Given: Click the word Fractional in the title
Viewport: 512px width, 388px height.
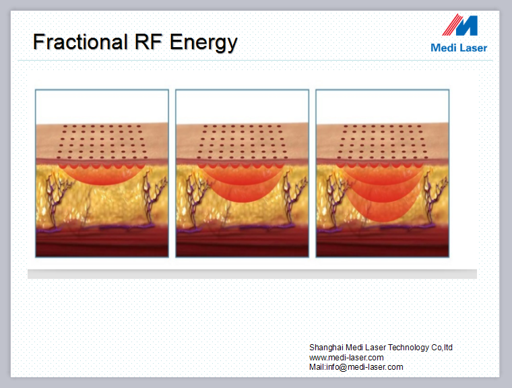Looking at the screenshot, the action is [80, 42].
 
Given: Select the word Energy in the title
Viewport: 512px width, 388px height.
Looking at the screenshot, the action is [203, 43].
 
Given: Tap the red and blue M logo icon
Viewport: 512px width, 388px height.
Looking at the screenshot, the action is [460, 25].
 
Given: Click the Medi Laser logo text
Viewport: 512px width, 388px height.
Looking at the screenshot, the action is [459, 48].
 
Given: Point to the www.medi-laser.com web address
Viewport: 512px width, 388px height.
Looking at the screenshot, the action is [346, 357].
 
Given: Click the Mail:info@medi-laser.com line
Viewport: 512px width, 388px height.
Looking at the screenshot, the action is [356, 367].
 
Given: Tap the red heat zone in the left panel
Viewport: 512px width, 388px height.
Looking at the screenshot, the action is [102, 174].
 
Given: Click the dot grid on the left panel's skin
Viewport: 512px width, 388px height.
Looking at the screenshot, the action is [102, 141].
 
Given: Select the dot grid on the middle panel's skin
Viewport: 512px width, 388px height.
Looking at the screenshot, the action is [242, 141].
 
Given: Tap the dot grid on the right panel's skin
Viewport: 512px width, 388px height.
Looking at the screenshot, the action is [383, 141].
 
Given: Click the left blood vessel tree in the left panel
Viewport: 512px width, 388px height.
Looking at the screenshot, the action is [54, 200].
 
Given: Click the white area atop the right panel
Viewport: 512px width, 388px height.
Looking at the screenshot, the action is [383, 107].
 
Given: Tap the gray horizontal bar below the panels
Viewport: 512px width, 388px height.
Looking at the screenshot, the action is [252, 274].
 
